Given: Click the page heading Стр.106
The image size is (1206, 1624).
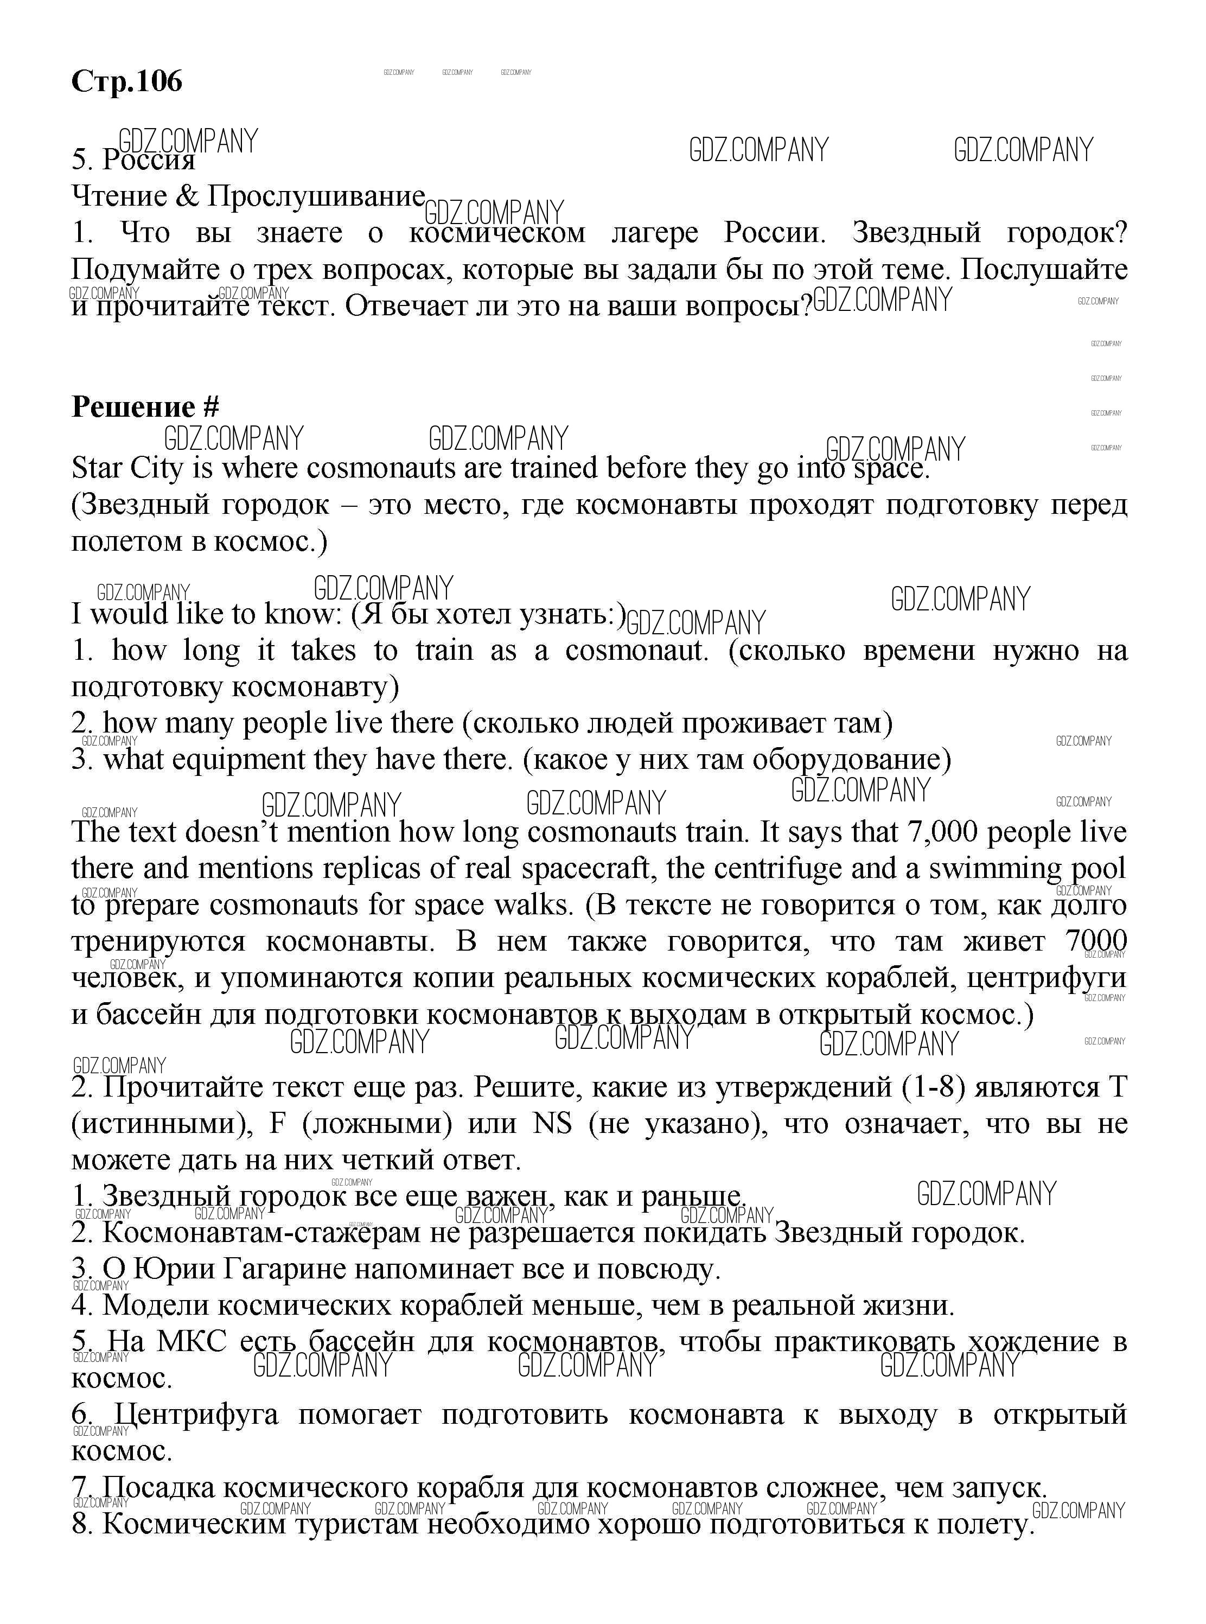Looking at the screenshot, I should (x=126, y=81).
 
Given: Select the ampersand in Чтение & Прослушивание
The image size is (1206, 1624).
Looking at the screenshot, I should (x=187, y=196).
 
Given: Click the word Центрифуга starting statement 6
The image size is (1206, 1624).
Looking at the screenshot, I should (x=196, y=1415).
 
